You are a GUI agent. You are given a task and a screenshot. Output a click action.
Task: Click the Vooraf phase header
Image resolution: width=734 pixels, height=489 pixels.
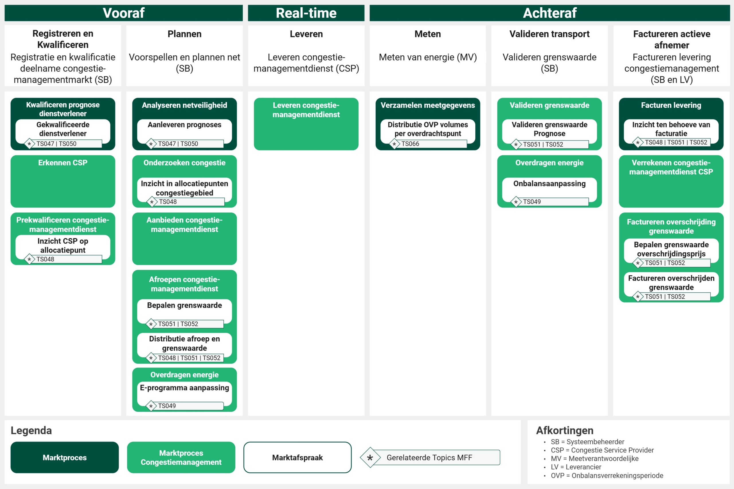pyautogui.click(x=124, y=13)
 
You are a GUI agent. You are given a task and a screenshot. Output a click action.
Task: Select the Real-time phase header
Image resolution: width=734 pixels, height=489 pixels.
pyautogui.click(x=306, y=13)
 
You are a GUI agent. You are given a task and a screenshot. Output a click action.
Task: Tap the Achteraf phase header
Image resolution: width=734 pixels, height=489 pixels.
pyautogui.click(x=550, y=13)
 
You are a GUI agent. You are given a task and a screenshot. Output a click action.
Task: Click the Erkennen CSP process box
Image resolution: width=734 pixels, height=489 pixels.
pyautogui.click(x=63, y=181)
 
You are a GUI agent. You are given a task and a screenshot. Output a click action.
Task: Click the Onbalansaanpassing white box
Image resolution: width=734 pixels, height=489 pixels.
pyautogui.click(x=549, y=190)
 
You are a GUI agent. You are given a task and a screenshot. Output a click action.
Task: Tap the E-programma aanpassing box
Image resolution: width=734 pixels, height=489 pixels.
pyautogui.click(x=184, y=394)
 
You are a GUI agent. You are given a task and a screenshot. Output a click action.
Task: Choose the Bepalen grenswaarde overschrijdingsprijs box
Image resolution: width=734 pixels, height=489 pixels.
pyautogui.click(x=671, y=251)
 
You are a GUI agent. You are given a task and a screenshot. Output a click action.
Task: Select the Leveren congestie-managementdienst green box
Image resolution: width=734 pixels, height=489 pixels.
pyautogui.click(x=306, y=124)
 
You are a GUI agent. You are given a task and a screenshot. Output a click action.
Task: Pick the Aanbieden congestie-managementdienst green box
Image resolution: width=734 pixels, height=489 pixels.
pyautogui.click(x=184, y=238)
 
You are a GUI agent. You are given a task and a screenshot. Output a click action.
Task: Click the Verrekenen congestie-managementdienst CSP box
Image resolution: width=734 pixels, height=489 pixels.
pyautogui.click(x=671, y=181)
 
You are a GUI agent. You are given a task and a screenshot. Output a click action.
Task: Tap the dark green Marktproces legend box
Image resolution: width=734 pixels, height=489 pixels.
pyautogui.click(x=65, y=457)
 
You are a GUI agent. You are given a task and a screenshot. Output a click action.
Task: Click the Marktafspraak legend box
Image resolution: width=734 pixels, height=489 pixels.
pyautogui.click(x=297, y=457)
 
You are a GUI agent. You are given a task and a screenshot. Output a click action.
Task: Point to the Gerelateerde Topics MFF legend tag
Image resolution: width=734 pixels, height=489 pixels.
pyautogui.click(x=430, y=457)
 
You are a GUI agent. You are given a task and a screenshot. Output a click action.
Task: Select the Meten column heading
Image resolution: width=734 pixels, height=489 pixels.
pyautogui.click(x=428, y=34)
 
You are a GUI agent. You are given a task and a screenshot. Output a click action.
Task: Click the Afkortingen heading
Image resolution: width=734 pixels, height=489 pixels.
pyautogui.click(x=565, y=430)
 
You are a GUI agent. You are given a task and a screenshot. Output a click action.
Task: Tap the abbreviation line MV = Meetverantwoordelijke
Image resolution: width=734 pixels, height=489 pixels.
pyautogui.click(x=595, y=458)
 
